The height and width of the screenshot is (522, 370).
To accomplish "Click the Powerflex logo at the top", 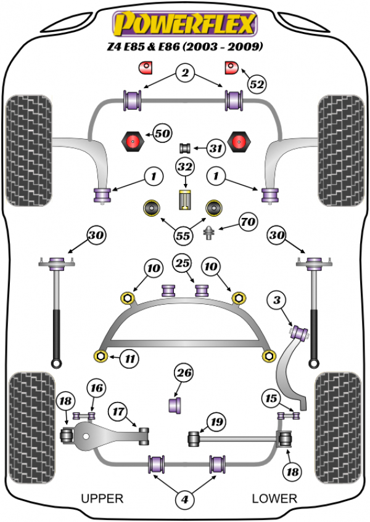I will (183, 24).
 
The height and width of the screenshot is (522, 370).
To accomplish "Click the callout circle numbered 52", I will (257, 83).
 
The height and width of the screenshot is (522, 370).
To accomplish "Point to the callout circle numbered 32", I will (184, 167).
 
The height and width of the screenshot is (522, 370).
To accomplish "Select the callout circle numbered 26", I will (184, 373).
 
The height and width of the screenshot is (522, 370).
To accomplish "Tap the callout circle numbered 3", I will (277, 302).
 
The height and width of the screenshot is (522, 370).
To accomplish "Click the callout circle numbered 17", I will (119, 410).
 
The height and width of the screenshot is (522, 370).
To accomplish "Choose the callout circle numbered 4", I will (183, 501).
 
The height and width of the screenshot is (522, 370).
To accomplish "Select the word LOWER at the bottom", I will (274, 498).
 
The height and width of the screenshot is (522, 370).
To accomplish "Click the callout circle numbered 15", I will (271, 397).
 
